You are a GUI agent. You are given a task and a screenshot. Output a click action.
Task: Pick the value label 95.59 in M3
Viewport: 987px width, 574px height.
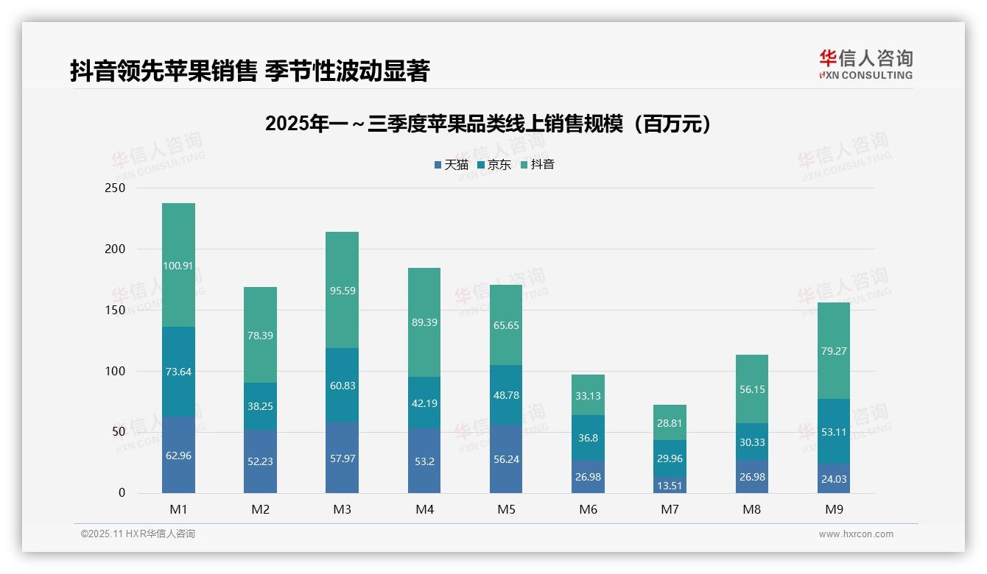342,291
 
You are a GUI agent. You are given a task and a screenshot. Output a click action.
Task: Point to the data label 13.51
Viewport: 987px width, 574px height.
669,485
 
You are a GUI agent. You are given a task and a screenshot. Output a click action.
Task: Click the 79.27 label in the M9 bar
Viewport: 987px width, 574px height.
833,351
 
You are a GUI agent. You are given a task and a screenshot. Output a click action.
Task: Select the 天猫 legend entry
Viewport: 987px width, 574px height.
452,165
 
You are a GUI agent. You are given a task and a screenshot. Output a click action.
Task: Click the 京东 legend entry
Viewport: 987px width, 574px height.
494,165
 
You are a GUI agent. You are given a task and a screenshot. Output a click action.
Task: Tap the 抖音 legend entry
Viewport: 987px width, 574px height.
538,165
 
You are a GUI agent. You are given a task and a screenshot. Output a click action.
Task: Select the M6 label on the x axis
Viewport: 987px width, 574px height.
588,509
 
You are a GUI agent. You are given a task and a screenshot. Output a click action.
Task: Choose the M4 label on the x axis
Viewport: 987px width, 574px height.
424,509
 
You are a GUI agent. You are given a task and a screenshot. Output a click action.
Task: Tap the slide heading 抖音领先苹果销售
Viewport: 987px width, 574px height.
249,71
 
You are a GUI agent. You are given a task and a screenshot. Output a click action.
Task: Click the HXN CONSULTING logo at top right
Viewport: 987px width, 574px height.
866,65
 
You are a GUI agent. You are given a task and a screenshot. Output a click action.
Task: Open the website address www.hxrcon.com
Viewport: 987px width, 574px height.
856,534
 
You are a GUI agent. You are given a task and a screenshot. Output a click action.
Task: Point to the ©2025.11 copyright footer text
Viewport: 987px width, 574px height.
138,534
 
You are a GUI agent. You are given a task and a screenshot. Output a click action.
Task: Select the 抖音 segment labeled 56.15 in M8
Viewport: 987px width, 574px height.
751,389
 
